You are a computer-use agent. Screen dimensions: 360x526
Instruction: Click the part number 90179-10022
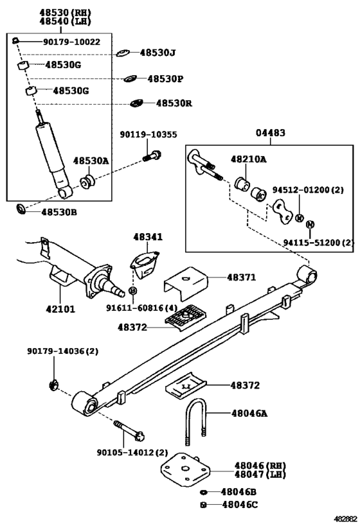tap(71, 42)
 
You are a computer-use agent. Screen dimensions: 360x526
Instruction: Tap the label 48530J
tap(158, 53)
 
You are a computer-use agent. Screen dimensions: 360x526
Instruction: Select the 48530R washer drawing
tap(136, 103)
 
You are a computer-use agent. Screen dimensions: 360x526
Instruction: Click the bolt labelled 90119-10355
tap(152, 156)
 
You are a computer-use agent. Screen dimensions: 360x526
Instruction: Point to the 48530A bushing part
tap(87, 182)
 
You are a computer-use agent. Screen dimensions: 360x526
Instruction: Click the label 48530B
tap(59, 213)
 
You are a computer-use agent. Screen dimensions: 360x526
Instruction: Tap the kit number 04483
tap(271, 133)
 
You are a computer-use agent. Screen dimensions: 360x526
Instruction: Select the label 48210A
tap(249, 159)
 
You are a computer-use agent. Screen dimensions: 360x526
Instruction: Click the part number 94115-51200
tap(311, 242)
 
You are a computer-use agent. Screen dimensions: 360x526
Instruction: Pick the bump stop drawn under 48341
tap(145, 265)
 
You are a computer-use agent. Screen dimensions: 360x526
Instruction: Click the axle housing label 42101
tap(60, 309)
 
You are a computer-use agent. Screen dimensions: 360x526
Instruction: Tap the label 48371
tap(242, 277)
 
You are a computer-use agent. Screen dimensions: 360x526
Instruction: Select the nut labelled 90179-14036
tap(53, 385)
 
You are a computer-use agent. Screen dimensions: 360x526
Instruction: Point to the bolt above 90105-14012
tap(129, 430)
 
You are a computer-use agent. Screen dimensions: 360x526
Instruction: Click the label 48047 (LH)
tap(260, 475)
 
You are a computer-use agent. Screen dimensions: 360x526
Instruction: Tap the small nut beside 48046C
tap(203, 505)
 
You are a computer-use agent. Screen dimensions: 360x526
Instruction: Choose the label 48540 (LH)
tap(65, 21)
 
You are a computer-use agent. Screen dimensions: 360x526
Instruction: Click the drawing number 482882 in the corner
tap(345, 519)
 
